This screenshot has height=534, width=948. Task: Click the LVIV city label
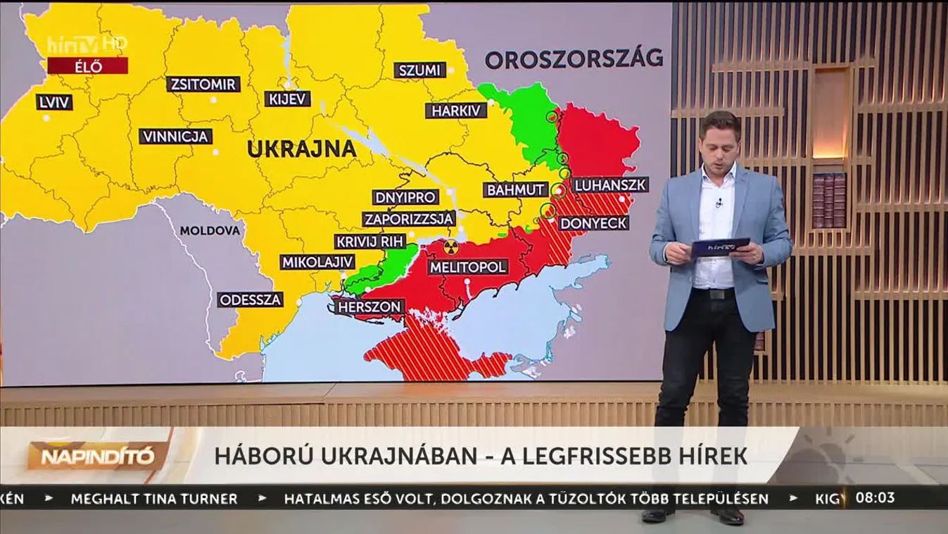[x=54, y=102]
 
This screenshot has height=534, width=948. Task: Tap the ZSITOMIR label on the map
[x=203, y=85]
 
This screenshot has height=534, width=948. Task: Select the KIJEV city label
[x=288, y=99]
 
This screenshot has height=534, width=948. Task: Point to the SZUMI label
[x=419, y=70]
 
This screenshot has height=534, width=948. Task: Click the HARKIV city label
[x=455, y=111]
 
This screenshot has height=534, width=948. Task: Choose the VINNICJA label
[x=175, y=137]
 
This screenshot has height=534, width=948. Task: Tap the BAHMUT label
[x=516, y=190]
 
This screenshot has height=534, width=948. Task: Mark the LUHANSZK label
[x=610, y=185]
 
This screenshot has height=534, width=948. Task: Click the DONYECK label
[x=593, y=223]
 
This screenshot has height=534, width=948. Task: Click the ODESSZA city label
[x=250, y=299]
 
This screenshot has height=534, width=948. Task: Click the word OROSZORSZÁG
[x=574, y=58]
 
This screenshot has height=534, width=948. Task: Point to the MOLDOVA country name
[x=210, y=230]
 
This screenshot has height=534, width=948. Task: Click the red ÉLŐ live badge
[x=87, y=66]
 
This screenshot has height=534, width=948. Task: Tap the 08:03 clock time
[x=875, y=497]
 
